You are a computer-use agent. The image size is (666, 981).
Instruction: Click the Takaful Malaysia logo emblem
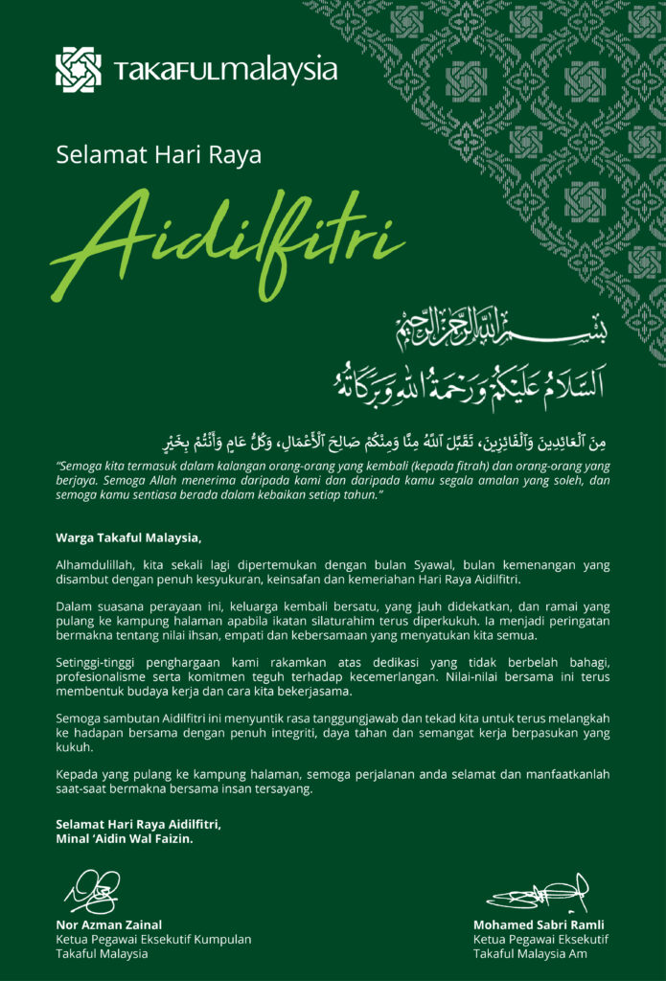[x=78, y=69]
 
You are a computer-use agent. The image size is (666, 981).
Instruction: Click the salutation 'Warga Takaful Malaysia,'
[x=128, y=536]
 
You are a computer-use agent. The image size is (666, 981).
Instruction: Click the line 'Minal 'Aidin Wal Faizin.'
[x=125, y=839]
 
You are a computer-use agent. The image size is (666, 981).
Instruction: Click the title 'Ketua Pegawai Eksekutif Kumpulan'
[x=153, y=940]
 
